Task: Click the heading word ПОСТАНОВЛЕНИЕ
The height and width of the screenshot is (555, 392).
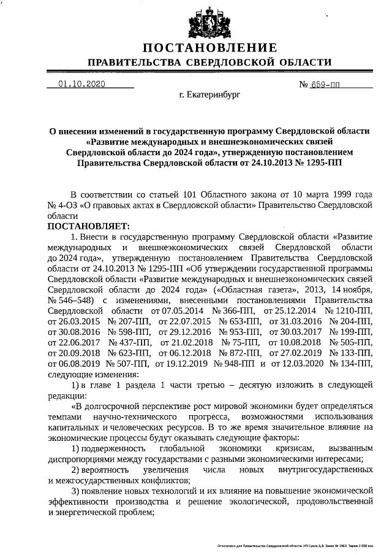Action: tap(210, 48)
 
